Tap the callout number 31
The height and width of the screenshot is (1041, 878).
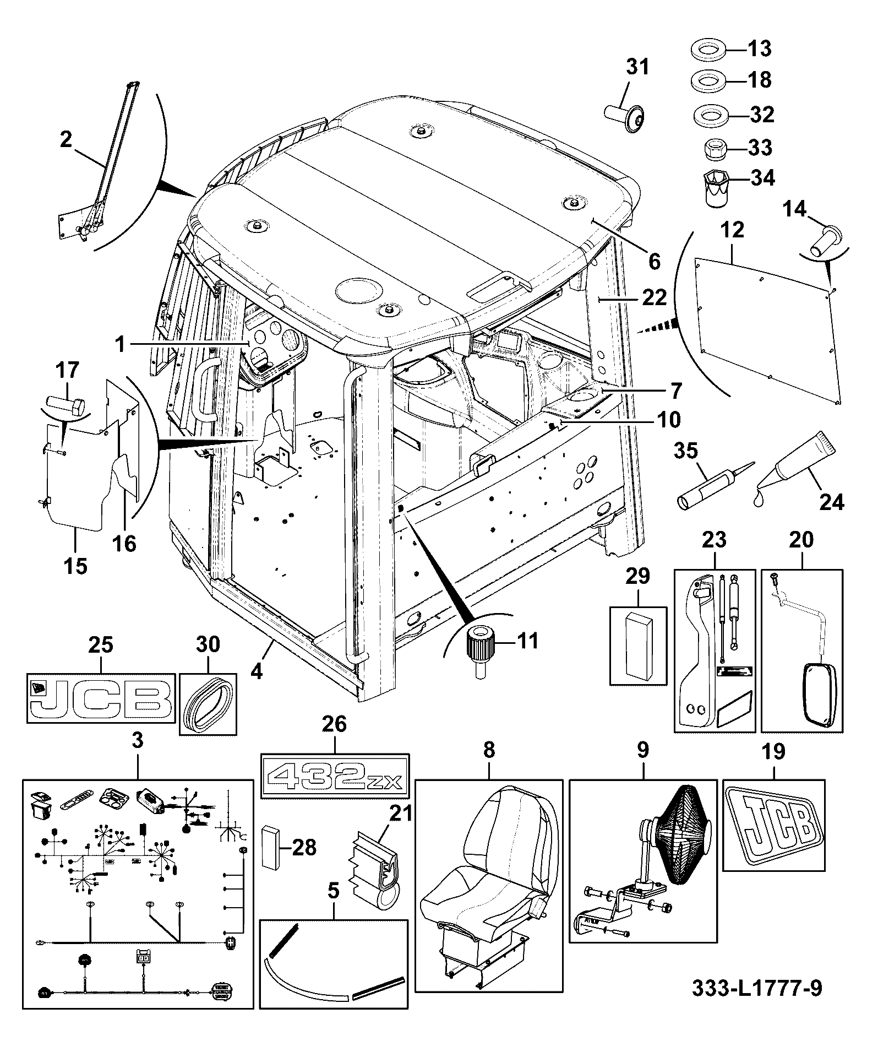click(x=637, y=67)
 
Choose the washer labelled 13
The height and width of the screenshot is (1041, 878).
click(x=708, y=50)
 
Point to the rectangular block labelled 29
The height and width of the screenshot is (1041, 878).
click(x=638, y=646)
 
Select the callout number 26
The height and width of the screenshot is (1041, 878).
click(x=334, y=724)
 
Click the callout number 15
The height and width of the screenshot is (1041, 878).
click(x=75, y=565)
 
